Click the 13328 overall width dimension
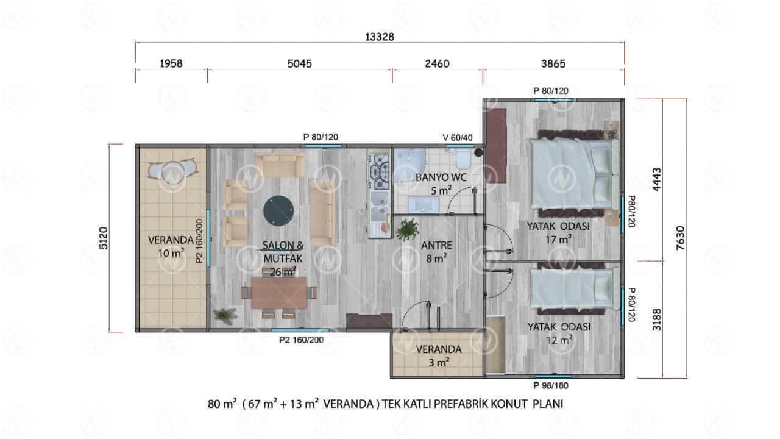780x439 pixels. tap(380, 37)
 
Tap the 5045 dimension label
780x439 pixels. tap(299, 64)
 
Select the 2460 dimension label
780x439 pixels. tap(437, 64)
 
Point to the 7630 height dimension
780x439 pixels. tap(680, 238)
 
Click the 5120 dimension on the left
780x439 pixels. tap(104, 238)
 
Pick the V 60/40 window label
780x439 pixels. tap(458, 138)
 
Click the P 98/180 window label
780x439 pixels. tap(551, 386)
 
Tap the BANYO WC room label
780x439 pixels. tap(441, 177)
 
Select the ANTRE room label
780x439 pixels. tap(437, 245)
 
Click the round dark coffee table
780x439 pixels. tap(278, 211)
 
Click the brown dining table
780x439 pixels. tap(279, 293)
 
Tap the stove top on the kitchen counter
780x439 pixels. tap(380, 172)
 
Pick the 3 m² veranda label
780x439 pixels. tap(439, 356)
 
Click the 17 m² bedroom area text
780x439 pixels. tap(558, 240)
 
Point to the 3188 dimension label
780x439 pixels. tap(657, 319)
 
